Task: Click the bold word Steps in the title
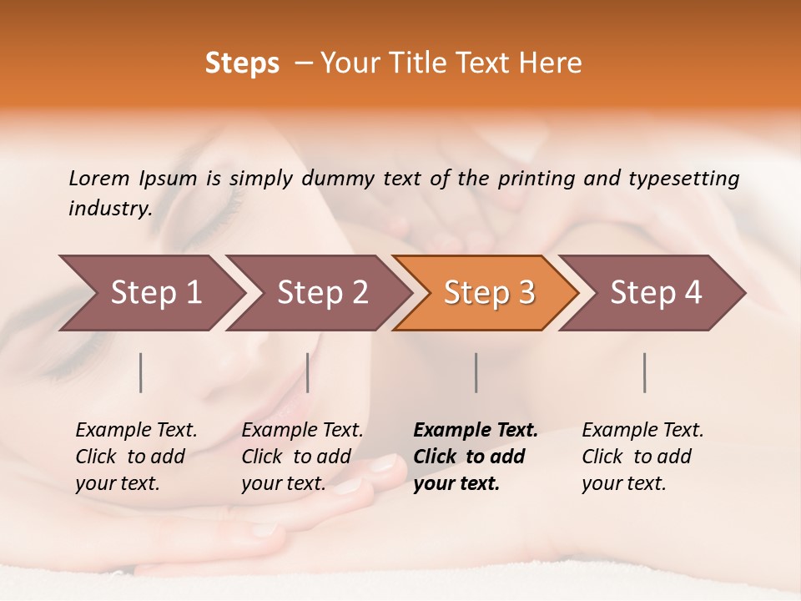click(242, 63)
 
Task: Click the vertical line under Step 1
click(141, 372)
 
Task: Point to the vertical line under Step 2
click(308, 372)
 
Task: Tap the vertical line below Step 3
click(476, 372)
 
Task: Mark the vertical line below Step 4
click(645, 372)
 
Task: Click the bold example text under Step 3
click(475, 457)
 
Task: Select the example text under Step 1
click(136, 457)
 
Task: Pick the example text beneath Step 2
click(302, 457)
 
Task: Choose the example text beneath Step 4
click(642, 457)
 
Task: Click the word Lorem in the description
click(99, 178)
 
